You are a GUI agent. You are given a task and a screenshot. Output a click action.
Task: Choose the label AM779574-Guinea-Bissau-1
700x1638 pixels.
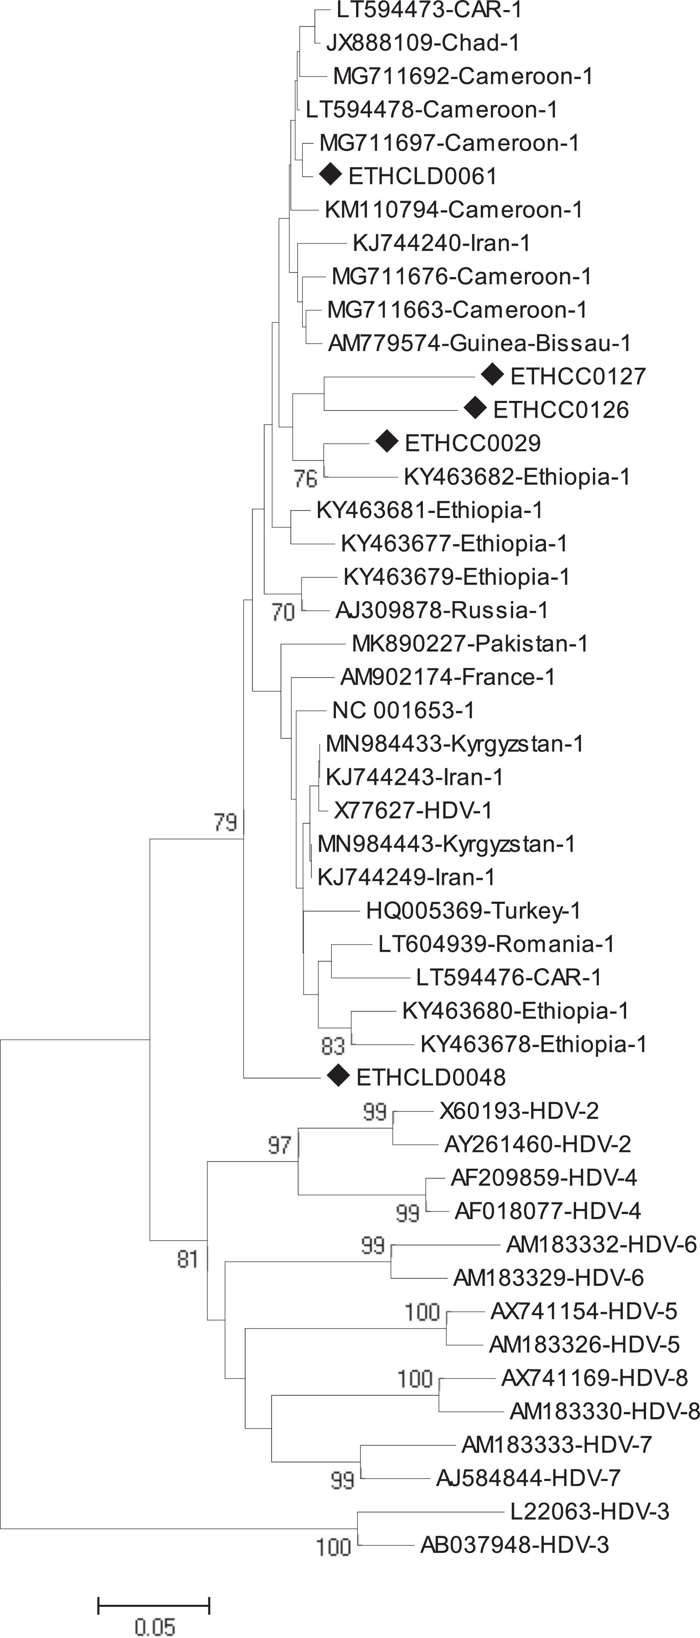pos(480,343)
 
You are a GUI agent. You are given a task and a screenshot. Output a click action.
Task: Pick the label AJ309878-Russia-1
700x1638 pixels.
pos(442,610)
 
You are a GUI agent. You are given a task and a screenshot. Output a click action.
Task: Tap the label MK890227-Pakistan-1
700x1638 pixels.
pos(470,644)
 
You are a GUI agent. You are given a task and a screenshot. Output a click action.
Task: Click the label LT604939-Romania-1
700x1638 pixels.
pos(496,944)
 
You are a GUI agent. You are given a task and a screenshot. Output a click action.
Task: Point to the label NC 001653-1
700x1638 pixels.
pos(403,710)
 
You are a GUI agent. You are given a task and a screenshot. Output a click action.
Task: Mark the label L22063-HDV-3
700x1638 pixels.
pos(590,1511)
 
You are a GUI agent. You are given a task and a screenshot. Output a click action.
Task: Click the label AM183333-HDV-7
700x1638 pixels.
pos(556,1445)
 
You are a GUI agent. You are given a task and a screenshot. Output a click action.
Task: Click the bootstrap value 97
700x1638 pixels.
pos(279,1145)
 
